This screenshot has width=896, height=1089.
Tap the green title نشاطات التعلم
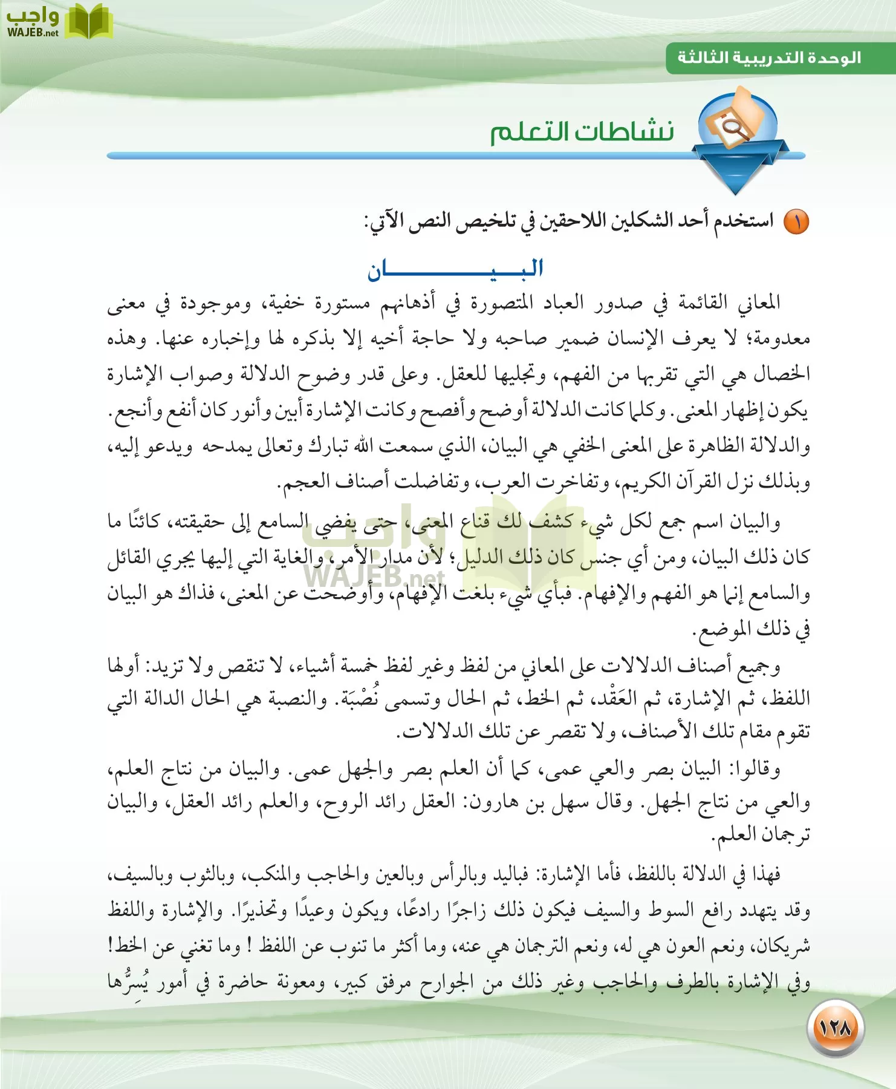tap(582, 131)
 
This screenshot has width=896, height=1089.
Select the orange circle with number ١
tap(796, 222)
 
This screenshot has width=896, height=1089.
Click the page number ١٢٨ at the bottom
tap(835, 1027)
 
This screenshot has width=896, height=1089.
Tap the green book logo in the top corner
tap(88, 21)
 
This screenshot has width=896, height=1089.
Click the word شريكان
tap(781, 946)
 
